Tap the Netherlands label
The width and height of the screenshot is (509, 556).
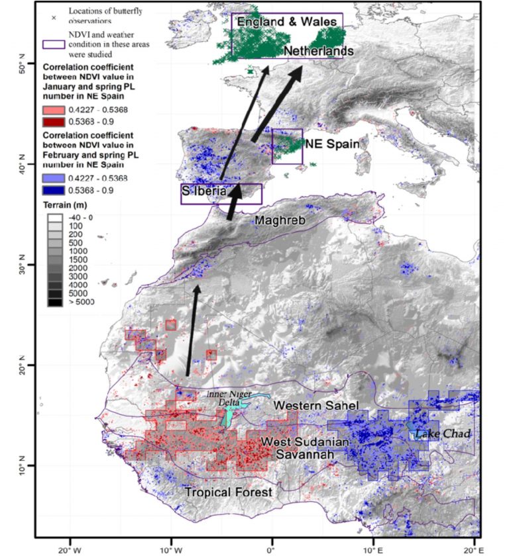(318, 52)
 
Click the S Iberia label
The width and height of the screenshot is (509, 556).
(204, 191)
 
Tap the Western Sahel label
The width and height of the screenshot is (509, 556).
(307, 404)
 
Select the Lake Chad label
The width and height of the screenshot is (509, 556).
(443, 434)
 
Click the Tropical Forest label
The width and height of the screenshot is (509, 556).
(228, 492)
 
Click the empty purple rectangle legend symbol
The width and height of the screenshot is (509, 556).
(54, 44)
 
